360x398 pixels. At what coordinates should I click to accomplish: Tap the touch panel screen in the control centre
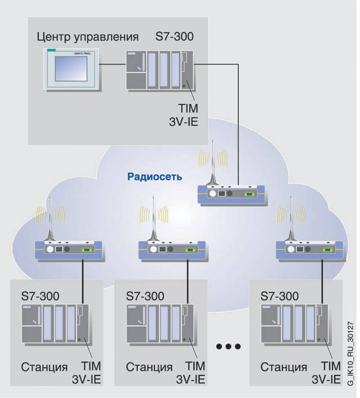[73, 69]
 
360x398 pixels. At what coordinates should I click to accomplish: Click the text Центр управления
[87, 38]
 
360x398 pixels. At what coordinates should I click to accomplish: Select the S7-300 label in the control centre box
[174, 38]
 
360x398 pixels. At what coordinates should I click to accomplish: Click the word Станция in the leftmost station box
[45, 367]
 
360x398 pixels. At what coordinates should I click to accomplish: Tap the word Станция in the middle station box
[149, 367]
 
